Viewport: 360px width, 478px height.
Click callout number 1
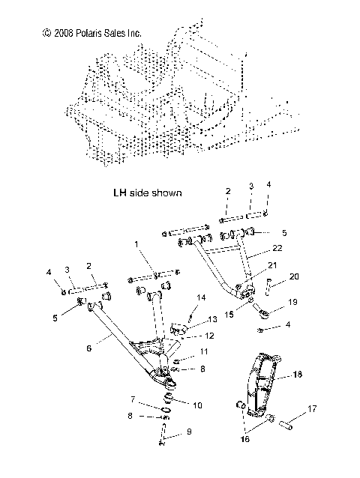pyautogui.click(x=136, y=265)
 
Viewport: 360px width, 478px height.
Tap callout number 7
pyautogui.click(x=133, y=399)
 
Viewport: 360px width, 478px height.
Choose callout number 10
pyautogui.click(x=198, y=405)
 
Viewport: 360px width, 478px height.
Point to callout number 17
pyautogui.click(x=313, y=409)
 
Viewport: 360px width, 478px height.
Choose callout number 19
pyautogui.click(x=293, y=303)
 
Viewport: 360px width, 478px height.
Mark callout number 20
pyautogui.click(x=294, y=275)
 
